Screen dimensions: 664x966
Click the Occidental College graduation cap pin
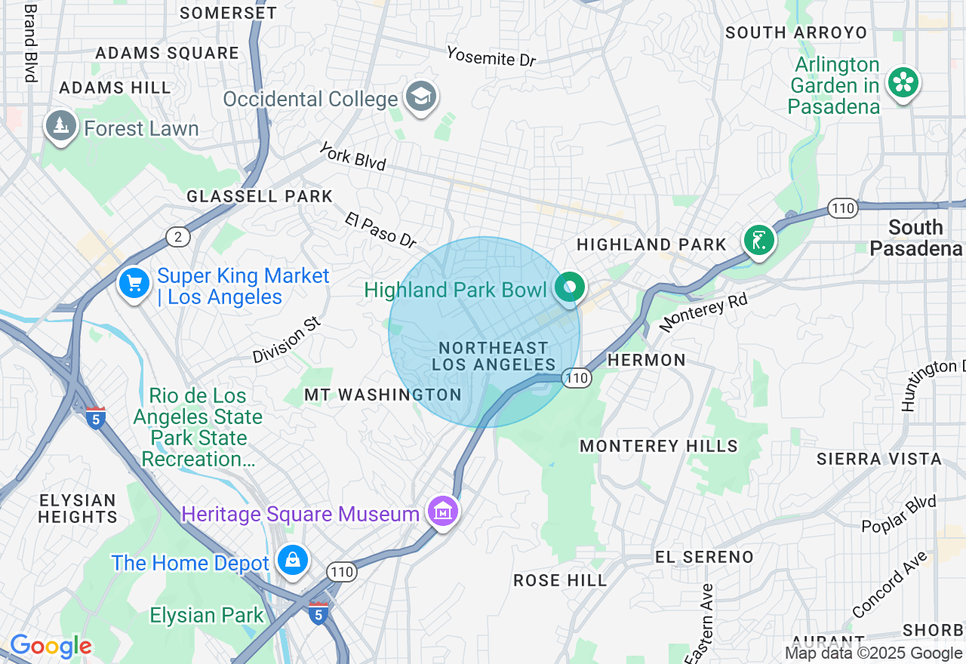pos(421,96)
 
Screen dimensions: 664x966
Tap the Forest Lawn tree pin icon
pos(61,125)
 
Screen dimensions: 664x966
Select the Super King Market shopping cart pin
pos(134,284)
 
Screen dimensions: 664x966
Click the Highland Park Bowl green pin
pos(571,287)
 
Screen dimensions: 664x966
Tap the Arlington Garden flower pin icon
pos(903,81)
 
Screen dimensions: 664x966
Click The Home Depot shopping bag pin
pos(292,560)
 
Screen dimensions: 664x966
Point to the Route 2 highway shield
pos(177,237)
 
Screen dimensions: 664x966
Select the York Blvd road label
pos(352,156)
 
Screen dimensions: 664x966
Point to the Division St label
pos(287,340)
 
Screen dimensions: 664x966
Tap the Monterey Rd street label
pos(703,313)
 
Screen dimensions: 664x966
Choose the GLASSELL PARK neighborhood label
pos(260,197)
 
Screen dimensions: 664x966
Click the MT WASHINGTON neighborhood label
pos(383,395)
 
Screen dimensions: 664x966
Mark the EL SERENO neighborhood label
pos(703,557)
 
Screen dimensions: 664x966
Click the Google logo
pos(51,646)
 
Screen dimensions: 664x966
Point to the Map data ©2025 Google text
pos(873,653)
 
